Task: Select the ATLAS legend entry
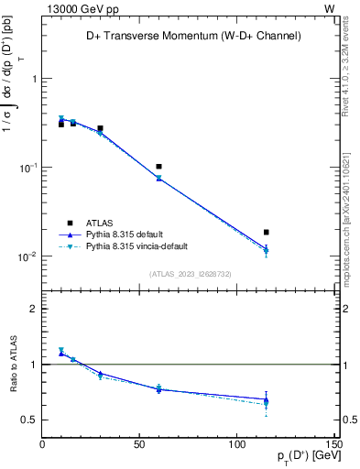[x=101, y=223]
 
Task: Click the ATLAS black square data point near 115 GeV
[x=267, y=233]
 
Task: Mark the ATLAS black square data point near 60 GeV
[x=159, y=167]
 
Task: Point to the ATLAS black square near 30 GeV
[x=101, y=128]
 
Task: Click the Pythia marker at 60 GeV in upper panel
[x=159, y=178]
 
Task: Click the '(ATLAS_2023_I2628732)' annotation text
[x=190, y=273]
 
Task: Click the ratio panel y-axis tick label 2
[x=33, y=310]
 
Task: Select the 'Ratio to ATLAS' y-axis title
[x=13, y=364]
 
